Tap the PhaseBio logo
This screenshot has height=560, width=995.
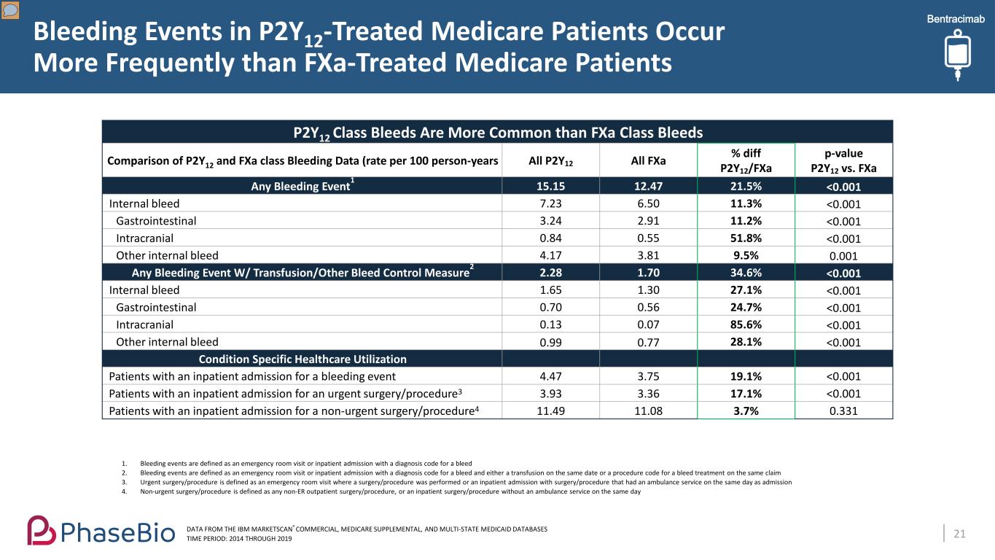[101, 530]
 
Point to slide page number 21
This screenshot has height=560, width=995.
[959, 534]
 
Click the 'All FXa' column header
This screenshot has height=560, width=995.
[648, 160]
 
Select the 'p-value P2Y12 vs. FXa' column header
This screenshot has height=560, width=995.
[843, 160]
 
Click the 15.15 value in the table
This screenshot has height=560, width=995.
[550, 187]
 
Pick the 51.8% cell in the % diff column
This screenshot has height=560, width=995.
[746, 238]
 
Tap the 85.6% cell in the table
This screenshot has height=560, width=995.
[746, 324]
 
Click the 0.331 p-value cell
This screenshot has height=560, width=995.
[843, 411]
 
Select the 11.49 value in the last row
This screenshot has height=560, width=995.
[550, 411]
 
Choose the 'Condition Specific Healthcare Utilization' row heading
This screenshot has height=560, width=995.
[303, 359]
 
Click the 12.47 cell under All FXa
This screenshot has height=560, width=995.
[648, 187]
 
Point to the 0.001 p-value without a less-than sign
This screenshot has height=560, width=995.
[843, 256]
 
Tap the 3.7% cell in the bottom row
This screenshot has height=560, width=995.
[746, 411]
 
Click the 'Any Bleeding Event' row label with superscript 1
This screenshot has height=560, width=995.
[303, 186]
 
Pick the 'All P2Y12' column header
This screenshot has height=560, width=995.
[550, 160]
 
